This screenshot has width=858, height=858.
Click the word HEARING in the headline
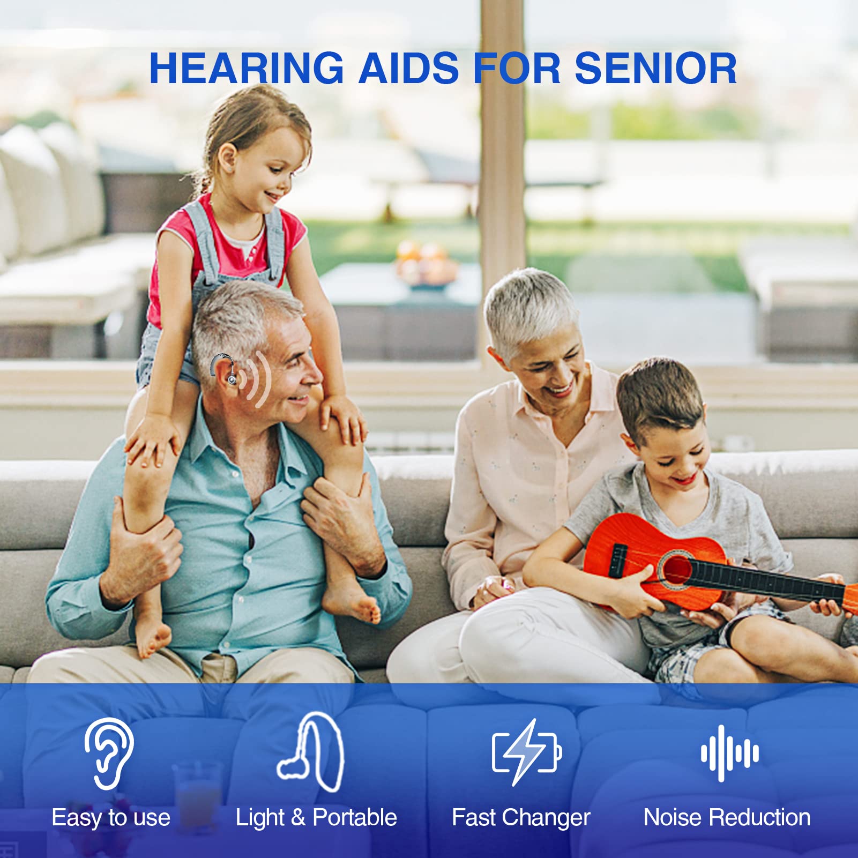pos(246,69)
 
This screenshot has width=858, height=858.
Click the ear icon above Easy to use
pos(109,753)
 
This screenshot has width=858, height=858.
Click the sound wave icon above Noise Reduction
pos(729,752)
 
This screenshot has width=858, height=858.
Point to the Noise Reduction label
pos(727,818)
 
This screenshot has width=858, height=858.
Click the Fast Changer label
pos(520,818)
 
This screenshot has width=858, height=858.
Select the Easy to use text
pos(111,818)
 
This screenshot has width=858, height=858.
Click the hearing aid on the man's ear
pos(225,369)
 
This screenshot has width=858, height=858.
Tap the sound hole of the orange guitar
pos(676,569)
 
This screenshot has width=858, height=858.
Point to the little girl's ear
pos(228,158)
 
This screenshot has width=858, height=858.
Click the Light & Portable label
pos(316,818)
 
